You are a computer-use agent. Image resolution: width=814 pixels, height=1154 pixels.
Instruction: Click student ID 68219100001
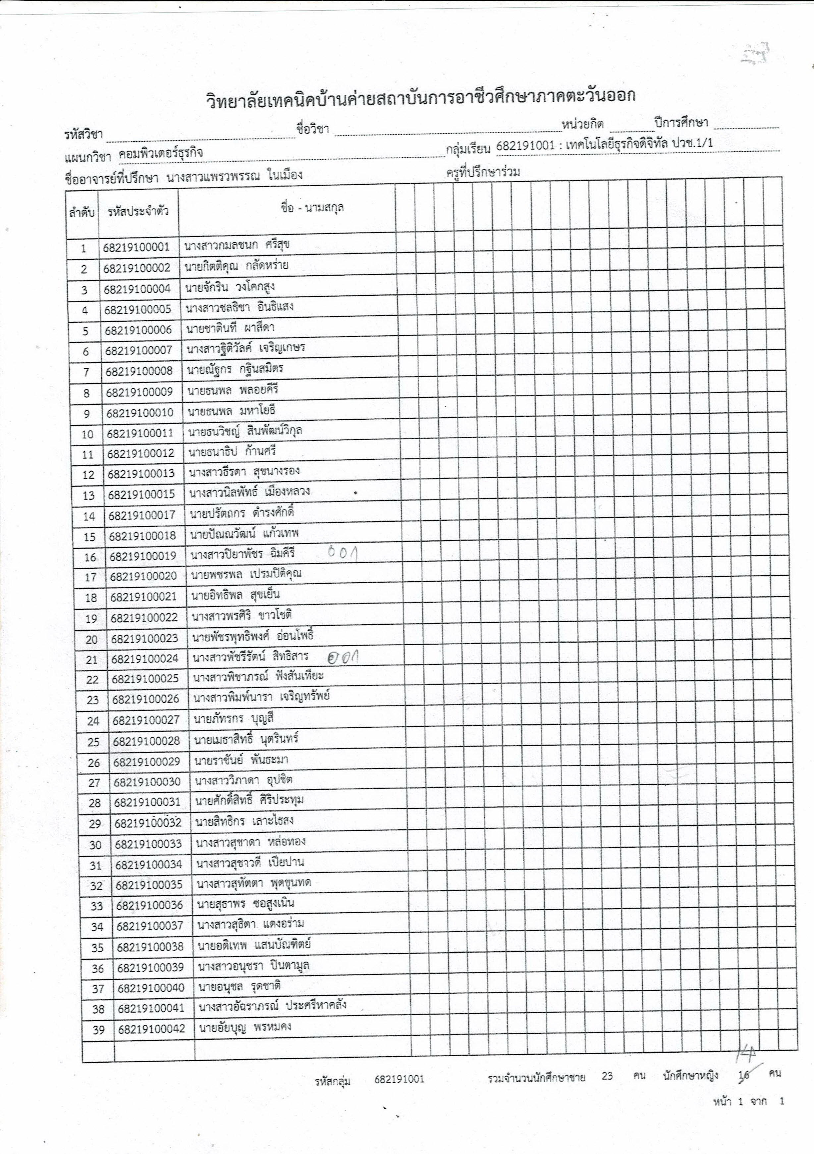pos(136,247)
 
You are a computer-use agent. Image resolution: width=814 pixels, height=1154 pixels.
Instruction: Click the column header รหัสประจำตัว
pos(138,211)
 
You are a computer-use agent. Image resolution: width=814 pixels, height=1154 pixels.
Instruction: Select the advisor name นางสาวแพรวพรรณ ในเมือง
pos(234,176)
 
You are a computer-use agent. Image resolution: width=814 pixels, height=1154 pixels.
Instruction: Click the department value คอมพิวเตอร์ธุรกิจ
pos(161,153)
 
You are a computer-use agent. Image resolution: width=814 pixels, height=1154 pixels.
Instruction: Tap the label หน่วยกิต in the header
pos(583,124)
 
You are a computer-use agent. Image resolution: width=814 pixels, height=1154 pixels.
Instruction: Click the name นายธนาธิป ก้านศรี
pos(232,451)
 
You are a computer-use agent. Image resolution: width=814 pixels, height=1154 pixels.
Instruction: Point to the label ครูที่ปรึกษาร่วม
pos(483,172)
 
